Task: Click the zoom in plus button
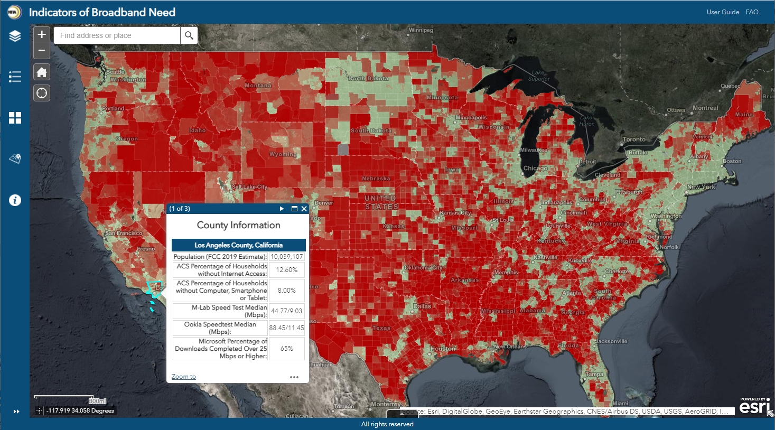pyautogui.click(x=42, y=35)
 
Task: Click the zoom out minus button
pyautogui.click(x=42, y=51)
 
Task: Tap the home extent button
pyautogui.click(x=42, y=72)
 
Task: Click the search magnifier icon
pyautogui.click(x=189, y=35)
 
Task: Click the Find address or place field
pyautogui.click(x=117, y=35)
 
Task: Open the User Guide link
pyautogui.click(x=723, y=12)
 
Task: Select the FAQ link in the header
pyautogui.click(x=752, y=12)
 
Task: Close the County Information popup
pyautogui.click(x=304, y=209)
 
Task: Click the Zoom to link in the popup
pyautogui.click(x=183, y=377)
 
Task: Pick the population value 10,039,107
pyautogui.click(x=287, y=257)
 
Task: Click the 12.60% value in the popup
pyautogui.click(x=287, y=270)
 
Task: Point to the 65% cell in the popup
pyautogui.click(x=287, y=349)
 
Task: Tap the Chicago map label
pyautogui.click(x=535, y=169)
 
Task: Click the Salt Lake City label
pyautogui.click(x=249, y=187)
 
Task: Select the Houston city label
pyautogui.click(x=443, y=349)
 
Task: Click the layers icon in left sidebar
pyautogui.click(x=15, y=36)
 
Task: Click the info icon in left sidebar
pyautogui.click(x=15, y=200)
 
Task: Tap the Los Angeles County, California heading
pyautogui.click(x=238, y=245)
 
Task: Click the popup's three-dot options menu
pyautogui.click(x=294, y=377)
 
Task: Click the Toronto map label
pyautogui.click(x=634, y=139)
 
